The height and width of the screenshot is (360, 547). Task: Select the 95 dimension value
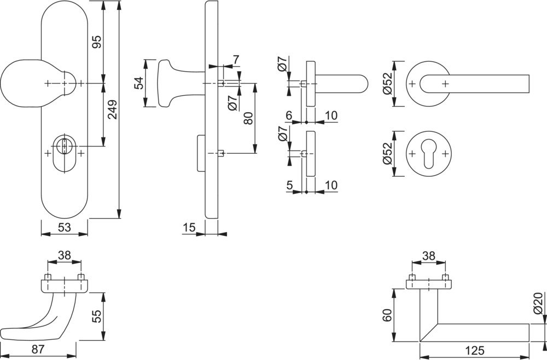tap(96, 42)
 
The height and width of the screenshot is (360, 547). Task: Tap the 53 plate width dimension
tap(64, 228)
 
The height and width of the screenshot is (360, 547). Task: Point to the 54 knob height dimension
tap(139, 83)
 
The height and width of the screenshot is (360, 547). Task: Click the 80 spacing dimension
tap(248, 118)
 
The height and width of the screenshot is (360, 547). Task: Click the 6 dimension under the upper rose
tap(289, 116)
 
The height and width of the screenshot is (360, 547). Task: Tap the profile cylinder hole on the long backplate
tap(65, 147)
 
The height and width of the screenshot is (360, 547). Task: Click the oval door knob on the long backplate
tap(22, 83)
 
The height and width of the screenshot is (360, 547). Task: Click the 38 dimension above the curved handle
tap(65, 255)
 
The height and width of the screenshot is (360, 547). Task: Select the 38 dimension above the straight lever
tap(429, 255)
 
